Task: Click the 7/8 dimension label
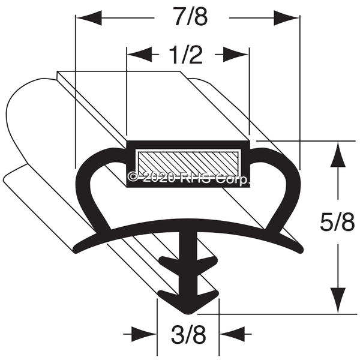pyautogui.click(x=191, y=17)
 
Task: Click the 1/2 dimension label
pyautogui.click(x=186, y=55)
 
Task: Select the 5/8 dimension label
pyautogui.click(x=337, y=222)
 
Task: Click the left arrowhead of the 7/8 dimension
pyautogui.click(x=89, y=17)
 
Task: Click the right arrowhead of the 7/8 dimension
pyautogui.click(x=286, y=17)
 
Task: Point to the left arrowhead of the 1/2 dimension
pyautogui.click(x=140, y=55)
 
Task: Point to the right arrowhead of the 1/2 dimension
pyautogui.click(x=236, y=55)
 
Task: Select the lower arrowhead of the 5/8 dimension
pyautogui.click(x=338, y=301)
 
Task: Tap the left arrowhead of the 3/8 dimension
pyautogui.click(x=144, y=334)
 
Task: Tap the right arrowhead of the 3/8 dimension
pyautogui.click(x=232, y=334)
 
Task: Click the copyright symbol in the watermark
pyautogui.click(x=134, y=177)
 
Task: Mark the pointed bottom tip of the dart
pyautogui.click(x=188, y=314)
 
